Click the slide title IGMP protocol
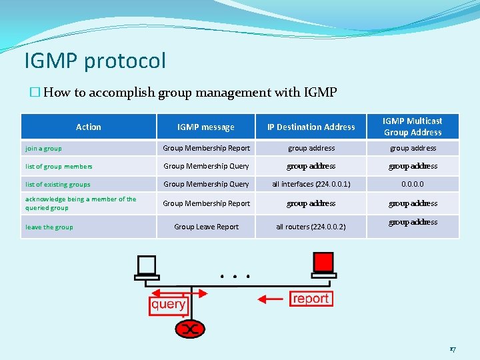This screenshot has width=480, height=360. click(95, 61)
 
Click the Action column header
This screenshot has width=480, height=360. click(89, 127)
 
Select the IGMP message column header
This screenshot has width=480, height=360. click(206, 127)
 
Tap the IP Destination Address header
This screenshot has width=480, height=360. click(311, 127)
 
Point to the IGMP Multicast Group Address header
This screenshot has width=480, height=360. click(413, 127)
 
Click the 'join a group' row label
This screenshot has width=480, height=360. click(44, 149)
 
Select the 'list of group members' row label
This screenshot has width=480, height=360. click(59, 167)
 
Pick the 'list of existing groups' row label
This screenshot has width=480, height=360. click(57, 185)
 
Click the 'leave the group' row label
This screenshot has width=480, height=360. click(49, 227)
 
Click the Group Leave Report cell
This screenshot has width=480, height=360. click(206, 227)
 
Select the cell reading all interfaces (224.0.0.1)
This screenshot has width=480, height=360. click(311, 184)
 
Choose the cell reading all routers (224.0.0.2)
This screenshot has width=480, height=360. click(311, 227)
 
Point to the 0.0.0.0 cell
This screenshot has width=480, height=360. click(413, 184)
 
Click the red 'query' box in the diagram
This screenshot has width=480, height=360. click(168, 305)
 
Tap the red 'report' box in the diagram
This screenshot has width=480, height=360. click(311, 299)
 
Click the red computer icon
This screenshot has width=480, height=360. click(323, 265)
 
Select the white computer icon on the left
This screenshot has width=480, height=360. click(145, 267)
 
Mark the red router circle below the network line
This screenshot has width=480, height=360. click(191, 329)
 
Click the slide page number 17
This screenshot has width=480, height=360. click(453, 347)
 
